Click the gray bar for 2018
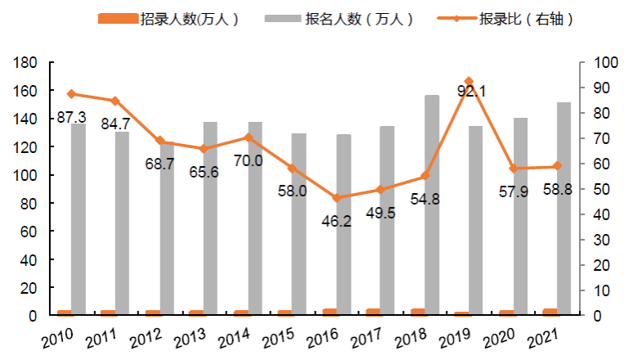(432, 205)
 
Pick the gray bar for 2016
(343, 224)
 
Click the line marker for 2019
(469, 82)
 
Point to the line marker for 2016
(336, 198)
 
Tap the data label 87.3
(72, 118)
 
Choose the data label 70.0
(248, 160)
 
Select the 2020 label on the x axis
(500, 337)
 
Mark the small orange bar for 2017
(373, 312)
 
